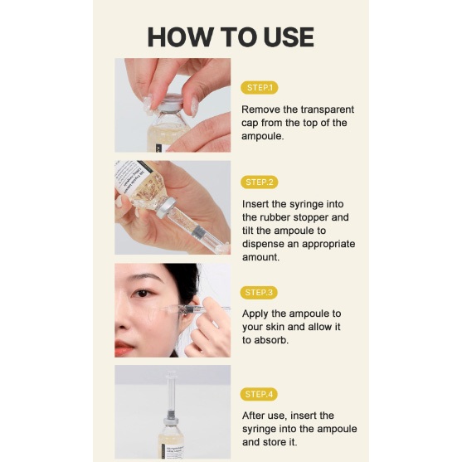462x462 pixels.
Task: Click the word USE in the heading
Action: [x=289, y=36]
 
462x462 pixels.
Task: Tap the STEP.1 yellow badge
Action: [x=260, y=88]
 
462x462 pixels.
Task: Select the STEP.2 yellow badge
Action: [x=260, y=182]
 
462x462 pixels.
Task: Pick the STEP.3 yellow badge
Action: [x=259, y=293]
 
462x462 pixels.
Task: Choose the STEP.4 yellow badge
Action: [x=259, y=394]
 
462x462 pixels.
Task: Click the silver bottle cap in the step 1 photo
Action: [x=171, y=102]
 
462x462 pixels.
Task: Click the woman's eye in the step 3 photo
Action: [x=143, y=293]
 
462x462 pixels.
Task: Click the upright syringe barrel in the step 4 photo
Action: [x=170, y=391]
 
